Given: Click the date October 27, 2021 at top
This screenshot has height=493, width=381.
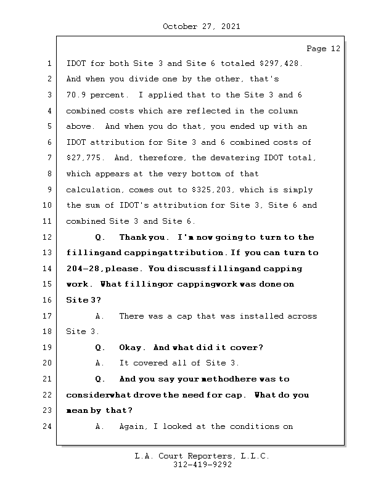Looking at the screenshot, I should [202, 26].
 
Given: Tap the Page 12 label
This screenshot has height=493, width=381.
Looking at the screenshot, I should [323, 48].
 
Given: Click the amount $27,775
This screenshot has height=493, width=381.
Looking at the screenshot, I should [82, 158].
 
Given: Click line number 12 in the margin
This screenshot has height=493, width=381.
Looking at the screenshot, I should [48, 237].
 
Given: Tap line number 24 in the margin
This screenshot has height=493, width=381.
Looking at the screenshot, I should [48, 426].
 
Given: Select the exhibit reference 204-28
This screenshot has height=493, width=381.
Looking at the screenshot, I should [82, 269].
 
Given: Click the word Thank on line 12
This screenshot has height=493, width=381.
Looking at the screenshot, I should [132, 237].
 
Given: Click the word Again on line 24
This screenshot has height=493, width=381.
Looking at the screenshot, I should [132, 426].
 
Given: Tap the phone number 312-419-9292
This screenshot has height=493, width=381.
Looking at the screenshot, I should [202, 465].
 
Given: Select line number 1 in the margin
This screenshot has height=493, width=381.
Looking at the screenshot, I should [48, 63].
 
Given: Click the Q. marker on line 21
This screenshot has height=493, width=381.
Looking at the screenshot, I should [100, 379].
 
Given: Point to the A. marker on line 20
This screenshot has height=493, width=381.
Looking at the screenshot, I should [100, 363].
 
